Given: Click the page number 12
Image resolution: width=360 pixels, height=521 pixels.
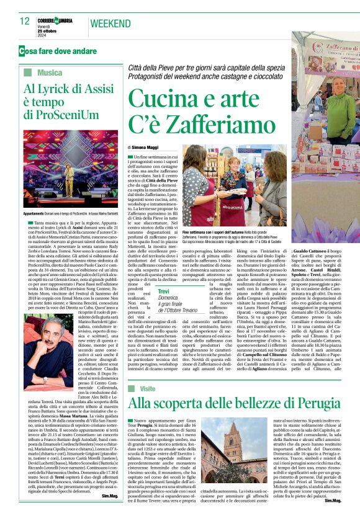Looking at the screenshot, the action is click(x=25, y=22).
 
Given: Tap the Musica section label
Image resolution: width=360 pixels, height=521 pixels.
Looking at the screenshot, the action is click(x=49, y=73).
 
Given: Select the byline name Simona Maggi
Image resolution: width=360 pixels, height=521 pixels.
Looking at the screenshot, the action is click(x=146, y=148).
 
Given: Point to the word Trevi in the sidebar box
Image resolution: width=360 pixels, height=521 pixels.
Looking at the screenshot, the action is click(x=164, y=291).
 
